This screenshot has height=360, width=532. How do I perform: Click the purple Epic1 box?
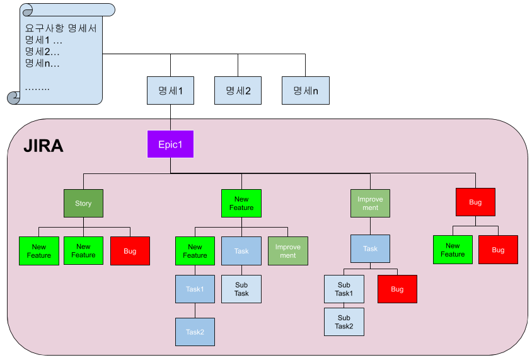(170, 144)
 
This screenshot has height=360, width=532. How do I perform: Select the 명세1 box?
(170, 91)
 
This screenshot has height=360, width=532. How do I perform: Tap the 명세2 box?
(238, 91)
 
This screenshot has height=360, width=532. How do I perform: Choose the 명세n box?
(305, 91)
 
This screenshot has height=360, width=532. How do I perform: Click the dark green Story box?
(83, 204)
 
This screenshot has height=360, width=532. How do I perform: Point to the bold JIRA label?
(43, 146)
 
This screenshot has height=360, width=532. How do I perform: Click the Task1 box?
(195, 289)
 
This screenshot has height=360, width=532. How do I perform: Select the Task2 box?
(195, 332)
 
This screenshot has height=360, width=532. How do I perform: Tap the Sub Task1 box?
(344, 289)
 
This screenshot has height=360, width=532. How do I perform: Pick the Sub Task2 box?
(344, 322)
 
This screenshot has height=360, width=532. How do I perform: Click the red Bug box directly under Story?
(130, 251)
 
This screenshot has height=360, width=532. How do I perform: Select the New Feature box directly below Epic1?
(241, 204)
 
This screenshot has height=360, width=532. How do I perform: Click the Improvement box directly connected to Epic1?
(370, 204)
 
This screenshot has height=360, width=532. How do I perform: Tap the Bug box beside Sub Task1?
(397, 289)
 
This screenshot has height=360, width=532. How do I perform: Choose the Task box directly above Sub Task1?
(370, 249)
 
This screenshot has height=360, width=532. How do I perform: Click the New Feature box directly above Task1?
(195, 251)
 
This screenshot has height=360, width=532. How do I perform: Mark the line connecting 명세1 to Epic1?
(170, 118)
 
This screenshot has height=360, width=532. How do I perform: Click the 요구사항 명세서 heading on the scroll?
(61, 28)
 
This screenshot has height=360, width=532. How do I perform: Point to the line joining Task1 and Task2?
(195, 311)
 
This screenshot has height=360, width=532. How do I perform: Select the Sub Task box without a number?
(241, 289)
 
